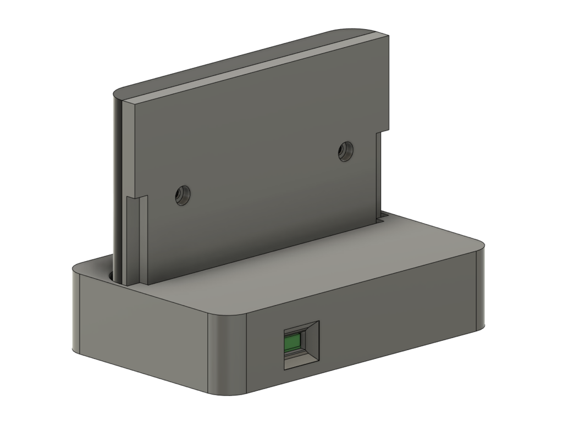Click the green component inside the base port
click(x=294, y=344)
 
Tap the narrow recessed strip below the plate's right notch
click(x=379, y=176)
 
